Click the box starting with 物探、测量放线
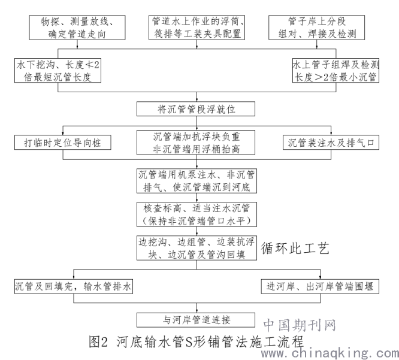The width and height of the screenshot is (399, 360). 77,28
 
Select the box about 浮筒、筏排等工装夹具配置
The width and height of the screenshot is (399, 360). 197,28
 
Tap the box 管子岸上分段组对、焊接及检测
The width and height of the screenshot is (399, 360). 316,28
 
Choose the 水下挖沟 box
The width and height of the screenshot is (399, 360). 58,71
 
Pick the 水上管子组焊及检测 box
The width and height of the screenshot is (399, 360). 335,71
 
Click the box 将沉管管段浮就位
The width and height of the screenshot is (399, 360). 196,109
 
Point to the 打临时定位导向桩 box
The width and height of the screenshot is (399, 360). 62,143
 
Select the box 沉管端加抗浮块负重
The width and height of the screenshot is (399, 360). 196,143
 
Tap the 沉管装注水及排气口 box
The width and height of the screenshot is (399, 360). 331,143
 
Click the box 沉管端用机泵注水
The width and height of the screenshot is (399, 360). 197,181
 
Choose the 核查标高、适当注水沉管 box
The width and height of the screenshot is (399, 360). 197,214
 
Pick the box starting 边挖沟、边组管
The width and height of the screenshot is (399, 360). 197,248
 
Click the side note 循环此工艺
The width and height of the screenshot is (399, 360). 295,249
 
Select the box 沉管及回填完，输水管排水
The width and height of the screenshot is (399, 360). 74,286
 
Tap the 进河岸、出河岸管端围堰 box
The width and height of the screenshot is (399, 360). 320,286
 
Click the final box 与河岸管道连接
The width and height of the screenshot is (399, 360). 196,320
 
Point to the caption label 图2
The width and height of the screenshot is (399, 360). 98,341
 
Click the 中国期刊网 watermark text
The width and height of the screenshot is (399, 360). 300,325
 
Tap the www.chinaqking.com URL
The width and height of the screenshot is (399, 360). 330,353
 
